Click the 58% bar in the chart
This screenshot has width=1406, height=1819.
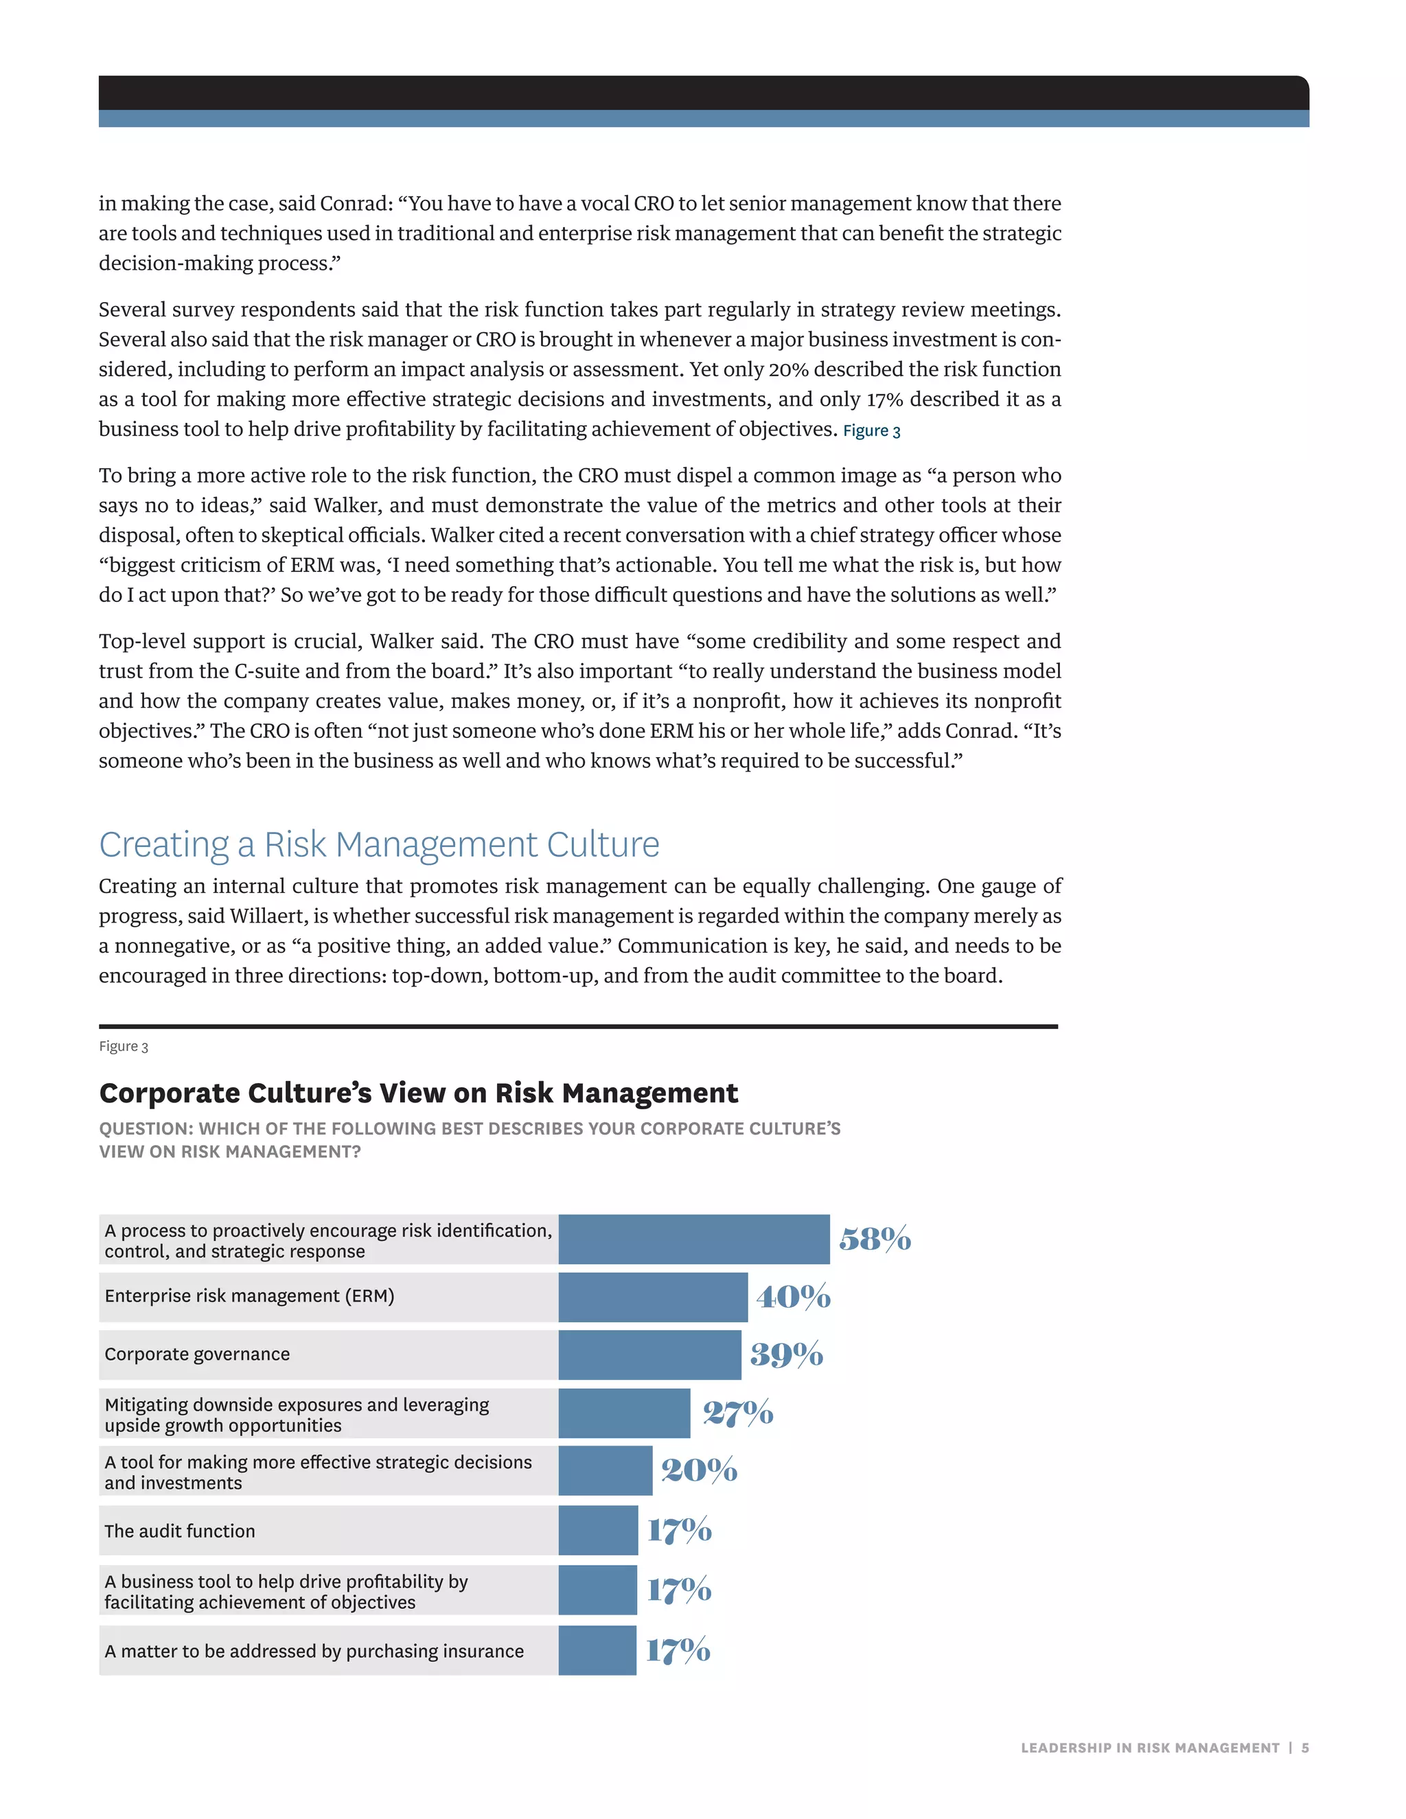(694, 1239)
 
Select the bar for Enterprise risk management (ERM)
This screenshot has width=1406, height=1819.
(653, 1297)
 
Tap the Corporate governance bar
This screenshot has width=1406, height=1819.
(649, 1354)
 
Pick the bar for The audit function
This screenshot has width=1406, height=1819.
(598, 1530)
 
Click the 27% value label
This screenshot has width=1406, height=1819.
(738, 1413)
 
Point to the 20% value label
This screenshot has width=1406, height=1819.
(699, 1470)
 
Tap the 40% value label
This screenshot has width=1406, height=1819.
(793, 1297)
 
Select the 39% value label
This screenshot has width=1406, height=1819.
(786, 1354)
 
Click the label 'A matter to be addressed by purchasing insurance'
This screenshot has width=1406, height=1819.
(314, 1651)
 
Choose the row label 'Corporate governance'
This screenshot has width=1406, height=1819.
(198, 1354)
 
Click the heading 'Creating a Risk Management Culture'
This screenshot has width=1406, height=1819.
(379, 844)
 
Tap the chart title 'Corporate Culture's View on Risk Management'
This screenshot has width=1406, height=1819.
(418, 1093)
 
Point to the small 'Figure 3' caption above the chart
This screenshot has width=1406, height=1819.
(124, 1047)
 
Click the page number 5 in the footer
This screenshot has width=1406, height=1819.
(1305, 1748)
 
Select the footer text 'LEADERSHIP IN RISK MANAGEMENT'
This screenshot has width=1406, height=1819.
(1149, 1748)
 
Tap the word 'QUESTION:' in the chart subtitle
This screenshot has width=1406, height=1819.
(146, 1128)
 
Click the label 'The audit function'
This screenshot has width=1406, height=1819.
(180, 1531)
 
